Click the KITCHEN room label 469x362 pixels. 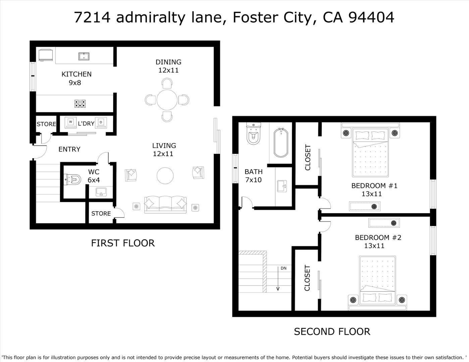[x=76, y=74]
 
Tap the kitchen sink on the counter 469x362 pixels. [x=84, y=57]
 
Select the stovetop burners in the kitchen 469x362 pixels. [x=80, y=104]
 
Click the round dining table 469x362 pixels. [x=167, y=100]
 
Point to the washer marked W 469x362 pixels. [x=70, y=122]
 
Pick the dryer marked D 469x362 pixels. [x=101, y=122]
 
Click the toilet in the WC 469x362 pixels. [x=73, y=179]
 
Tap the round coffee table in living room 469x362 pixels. [x=165, y=176]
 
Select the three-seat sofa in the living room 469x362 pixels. [x=165, y=204]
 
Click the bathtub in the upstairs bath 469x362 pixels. [x=281, y=143]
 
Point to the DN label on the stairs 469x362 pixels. [x=283, y=268]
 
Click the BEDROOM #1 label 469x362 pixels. [x=374, y=186]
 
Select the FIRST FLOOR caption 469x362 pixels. [x=123, y=243]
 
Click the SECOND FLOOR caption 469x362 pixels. [x=332, y=331]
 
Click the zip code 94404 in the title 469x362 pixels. [x=371, y=17]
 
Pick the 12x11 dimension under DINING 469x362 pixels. [x=168, y=70]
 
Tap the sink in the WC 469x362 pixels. [x=101, y=192]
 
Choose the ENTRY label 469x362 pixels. [x=69, y=149]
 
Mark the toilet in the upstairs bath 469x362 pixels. [x=253, y=133]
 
